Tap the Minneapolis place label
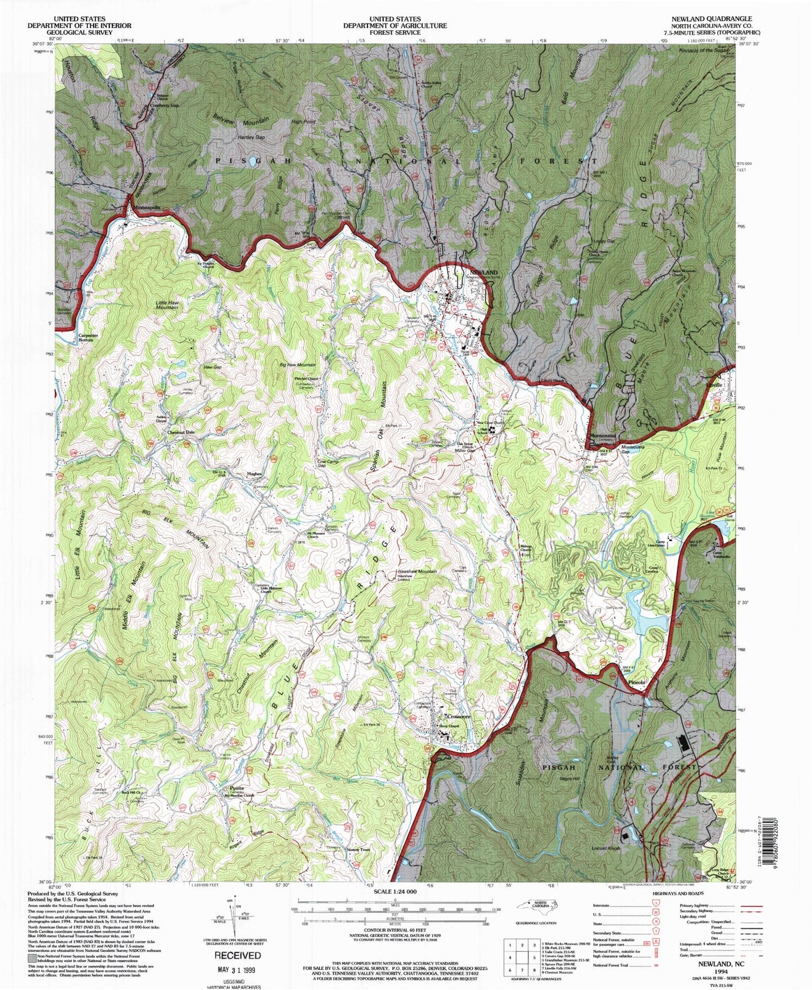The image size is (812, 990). tap(147, 207)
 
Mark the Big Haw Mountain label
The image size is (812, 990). tap(297, 365)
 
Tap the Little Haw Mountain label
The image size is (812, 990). tap(167, 305)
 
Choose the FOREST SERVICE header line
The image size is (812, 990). tap(395, 33)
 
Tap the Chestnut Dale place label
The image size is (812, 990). tap(181, 432)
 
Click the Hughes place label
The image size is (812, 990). tap(255, 474)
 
